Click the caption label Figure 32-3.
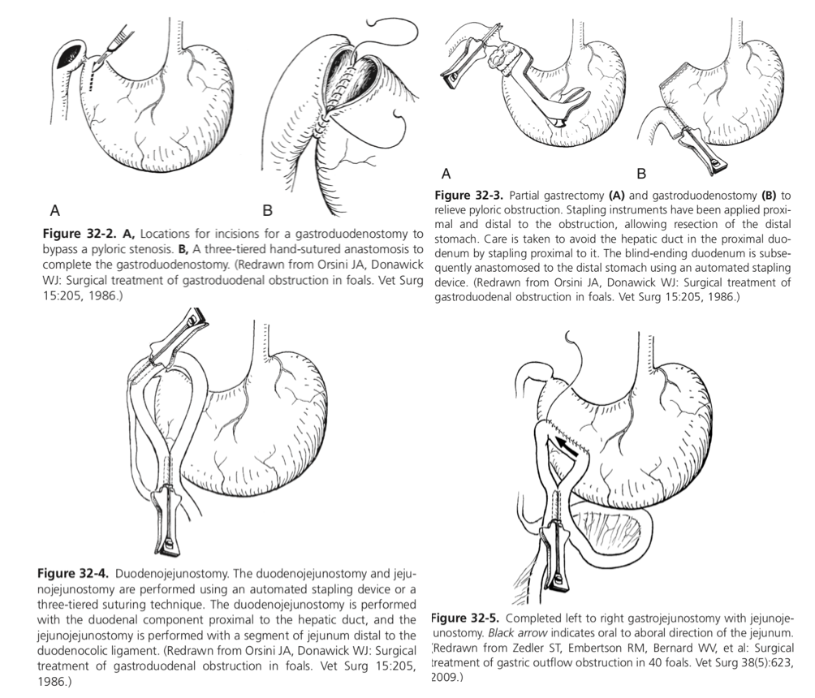470,196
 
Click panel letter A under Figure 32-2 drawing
54,211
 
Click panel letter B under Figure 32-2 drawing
267,211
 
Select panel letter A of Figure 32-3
446,173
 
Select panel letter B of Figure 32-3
640,173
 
